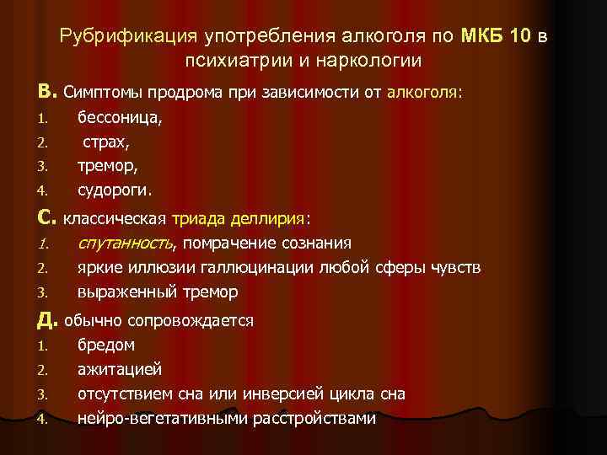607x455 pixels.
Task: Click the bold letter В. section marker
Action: [x=46, y=90]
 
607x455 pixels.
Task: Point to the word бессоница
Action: [x=121, y=120]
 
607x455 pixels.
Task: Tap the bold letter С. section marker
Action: [x=46, y=218]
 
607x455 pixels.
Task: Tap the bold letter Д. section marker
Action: [x=46, y=319]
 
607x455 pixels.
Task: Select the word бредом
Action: [x=106, y=345]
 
